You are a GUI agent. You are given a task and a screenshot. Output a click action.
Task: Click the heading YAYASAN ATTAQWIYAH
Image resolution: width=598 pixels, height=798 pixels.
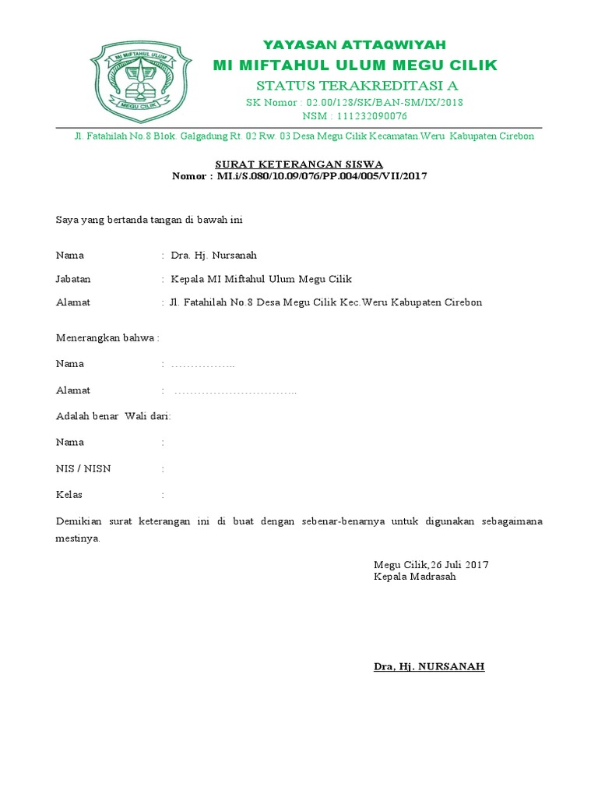tap(354, 44)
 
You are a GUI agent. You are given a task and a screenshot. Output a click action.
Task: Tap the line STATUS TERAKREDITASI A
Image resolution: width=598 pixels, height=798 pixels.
tap(357, 84)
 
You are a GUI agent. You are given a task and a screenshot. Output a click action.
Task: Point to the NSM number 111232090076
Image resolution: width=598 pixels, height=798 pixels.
tap(354, 116)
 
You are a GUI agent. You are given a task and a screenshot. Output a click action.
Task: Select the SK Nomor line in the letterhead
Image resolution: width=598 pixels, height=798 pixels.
tap(354, 102)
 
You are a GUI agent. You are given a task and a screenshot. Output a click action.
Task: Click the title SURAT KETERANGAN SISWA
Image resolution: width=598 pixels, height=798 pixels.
tap(299, 164)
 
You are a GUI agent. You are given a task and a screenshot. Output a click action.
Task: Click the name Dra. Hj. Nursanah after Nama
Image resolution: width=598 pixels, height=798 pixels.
tap(213, 255)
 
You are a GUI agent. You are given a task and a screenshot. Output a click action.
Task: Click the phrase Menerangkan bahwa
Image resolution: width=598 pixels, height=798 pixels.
tap(107, 337)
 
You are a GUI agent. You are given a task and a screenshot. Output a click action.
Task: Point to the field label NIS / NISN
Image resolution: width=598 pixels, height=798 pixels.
tap(83, 468)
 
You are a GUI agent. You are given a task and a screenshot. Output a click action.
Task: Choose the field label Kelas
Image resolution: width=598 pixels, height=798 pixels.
tap(69, 494)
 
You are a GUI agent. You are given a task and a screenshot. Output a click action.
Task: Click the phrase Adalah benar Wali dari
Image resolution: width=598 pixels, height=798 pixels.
tap(113, 416)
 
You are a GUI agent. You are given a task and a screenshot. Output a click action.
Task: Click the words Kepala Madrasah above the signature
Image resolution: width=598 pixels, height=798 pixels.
tap(414, 577)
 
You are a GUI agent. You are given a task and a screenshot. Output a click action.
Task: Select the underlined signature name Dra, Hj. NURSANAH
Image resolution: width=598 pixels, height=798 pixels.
tap(429, 666)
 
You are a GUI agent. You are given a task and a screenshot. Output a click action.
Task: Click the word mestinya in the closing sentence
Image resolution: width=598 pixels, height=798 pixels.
tap(78, 538)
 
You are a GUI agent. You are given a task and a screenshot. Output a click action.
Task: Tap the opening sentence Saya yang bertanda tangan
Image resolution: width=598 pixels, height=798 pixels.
tap(149, 220)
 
